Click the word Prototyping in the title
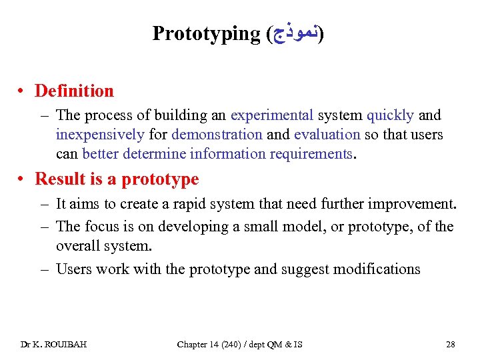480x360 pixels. pyautogui.click(x=205, y=33)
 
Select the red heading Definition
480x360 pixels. pyautogui.click(x=74, y=91)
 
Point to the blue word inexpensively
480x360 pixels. pyautogui.click(x=100, y=135)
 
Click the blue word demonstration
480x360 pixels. pyautogui.click(x=217, y=135)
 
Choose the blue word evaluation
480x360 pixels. pyautogui.click(x=327, y=135)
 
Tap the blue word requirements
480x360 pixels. pyautogui.click(x=311, y=154)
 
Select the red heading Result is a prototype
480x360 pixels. pyautogui.click(x=117, y=179)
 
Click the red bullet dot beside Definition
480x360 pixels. pyautogui.click(x=23, y=91)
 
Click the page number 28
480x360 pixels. pyautogui.click(x=451, y=344)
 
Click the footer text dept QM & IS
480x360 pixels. pyautogui.click(x=276, y=344)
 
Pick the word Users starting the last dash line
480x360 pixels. pyautogui.click(x=74, y=269)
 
